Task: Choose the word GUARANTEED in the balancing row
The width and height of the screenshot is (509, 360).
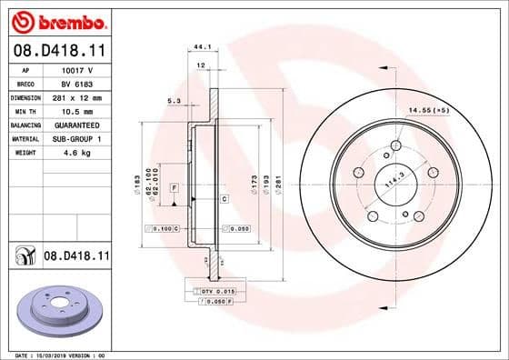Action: coord(79,125)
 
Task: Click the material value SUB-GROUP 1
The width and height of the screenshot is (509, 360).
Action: coord(79,138)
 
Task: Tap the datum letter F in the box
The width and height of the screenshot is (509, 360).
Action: coord(174,187)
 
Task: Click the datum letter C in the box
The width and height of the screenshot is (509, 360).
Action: coord(224,196)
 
